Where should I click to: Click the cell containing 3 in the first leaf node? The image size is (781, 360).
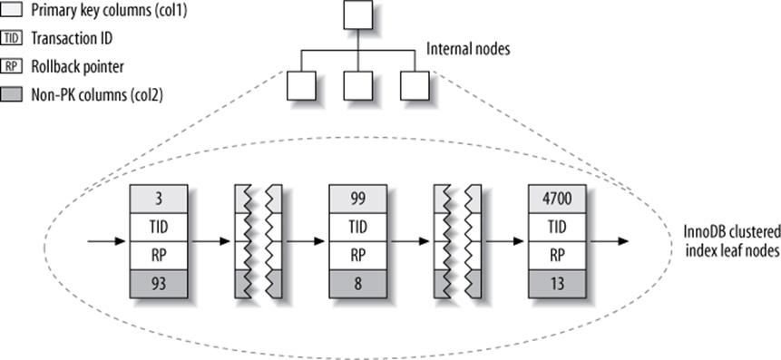[x=158, y=195]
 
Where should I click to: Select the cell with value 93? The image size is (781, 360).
[x=158, y=288]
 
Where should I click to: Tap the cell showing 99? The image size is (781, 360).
[x=357, y=195]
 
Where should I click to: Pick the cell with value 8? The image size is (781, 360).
[x=357, y=288]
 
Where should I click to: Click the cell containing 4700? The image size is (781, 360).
[x=557, y=195]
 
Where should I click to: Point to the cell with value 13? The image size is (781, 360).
[x=557, y=288]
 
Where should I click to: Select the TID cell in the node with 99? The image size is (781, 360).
[x=357, y=226]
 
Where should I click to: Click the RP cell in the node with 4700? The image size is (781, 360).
[x=557, y=258]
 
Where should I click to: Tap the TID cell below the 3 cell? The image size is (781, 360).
[x=158, y=226]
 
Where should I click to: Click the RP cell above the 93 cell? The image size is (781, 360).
[x=158, y=258]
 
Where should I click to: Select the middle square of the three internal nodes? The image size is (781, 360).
[x=357, y=85]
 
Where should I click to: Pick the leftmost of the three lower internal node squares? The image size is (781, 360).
[x=300, y=85]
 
